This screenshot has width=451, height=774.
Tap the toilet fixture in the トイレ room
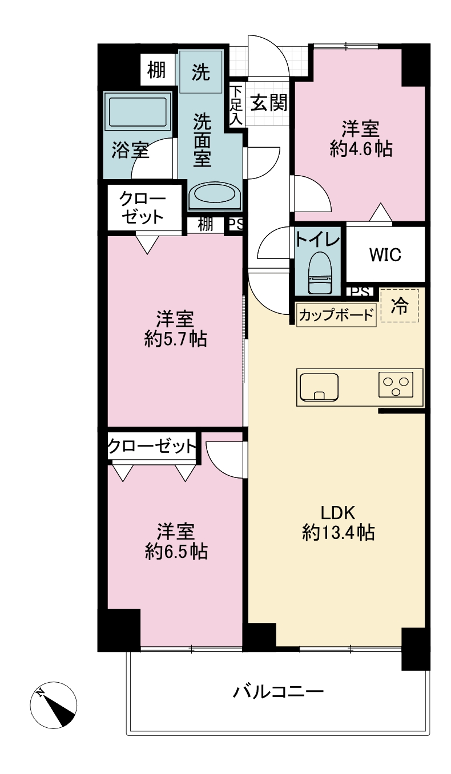coord(320,271)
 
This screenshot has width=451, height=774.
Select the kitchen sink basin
coord(319,387)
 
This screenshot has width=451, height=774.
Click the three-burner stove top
coord(396,384)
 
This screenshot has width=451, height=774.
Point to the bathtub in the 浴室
coord(138,112)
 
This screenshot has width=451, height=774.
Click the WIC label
coord(385,254)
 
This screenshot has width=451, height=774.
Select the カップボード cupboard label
coord(336,315)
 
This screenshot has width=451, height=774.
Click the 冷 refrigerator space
coord(400,306)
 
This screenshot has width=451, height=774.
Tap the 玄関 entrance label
coord(269,103)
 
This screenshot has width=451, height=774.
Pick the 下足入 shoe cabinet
coord(236,105)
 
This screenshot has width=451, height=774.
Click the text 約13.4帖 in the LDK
coord(338,533)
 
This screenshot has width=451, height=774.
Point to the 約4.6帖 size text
coord(361,149)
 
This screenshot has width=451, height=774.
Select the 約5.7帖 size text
coord(176,339)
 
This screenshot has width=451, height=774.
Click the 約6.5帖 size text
coord(176,552)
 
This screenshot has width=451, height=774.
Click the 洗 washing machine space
coord(201,71)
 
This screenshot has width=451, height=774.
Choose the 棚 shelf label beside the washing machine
coord(156,70)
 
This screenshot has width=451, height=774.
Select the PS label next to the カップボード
coord(360,292)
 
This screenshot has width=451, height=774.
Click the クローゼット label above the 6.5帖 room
coord(152,447)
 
